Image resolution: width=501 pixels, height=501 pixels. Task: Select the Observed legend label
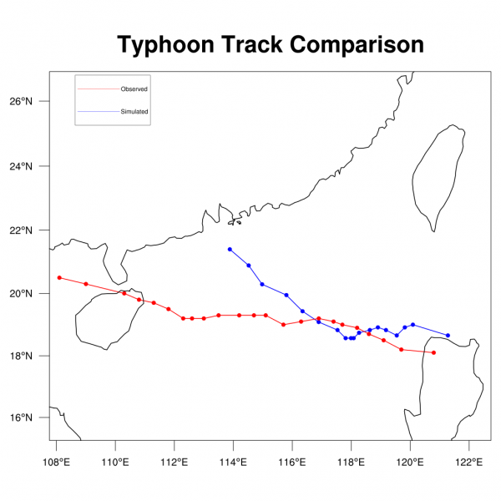tap(134, 89)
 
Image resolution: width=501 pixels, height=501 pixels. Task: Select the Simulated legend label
tap(134, 111)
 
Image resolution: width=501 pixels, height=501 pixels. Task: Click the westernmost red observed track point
tap(59, 277)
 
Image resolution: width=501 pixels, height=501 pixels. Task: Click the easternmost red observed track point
tap(433, 352)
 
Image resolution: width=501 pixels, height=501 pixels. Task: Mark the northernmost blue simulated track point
tap(230, 249)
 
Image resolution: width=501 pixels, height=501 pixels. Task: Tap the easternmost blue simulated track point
tap(448, 335)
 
